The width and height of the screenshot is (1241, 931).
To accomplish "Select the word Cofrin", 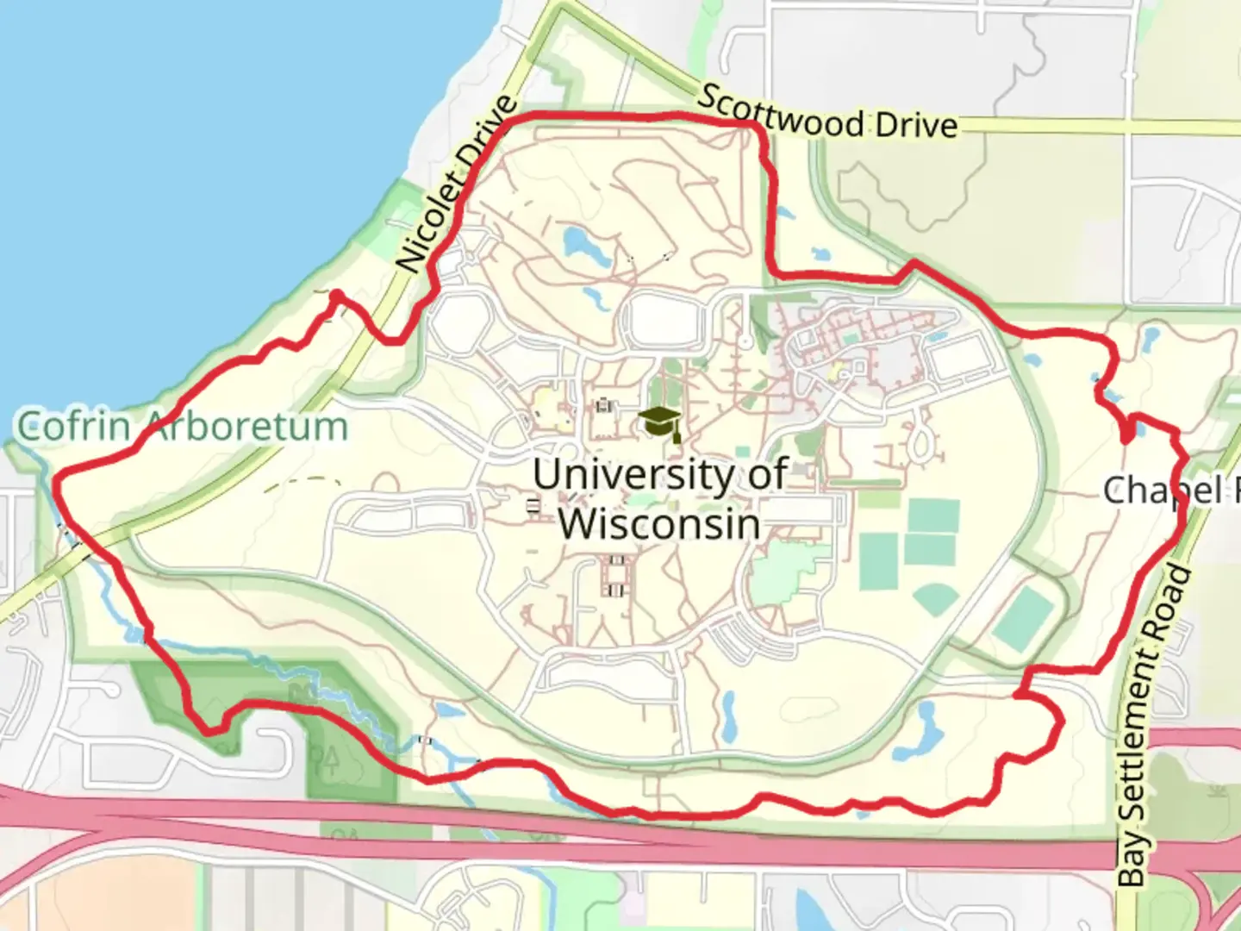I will (x=74, y=426).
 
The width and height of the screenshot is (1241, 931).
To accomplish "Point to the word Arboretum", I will (x=246, y=426).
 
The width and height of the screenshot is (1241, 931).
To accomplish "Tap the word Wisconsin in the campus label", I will (x=659, y=523).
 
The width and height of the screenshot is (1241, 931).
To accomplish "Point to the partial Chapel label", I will (x=1168, y=490).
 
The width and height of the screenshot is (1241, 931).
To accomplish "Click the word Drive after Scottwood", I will (x=915, y=126).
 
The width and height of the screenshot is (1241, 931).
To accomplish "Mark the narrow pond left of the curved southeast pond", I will (x=729, y=715).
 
